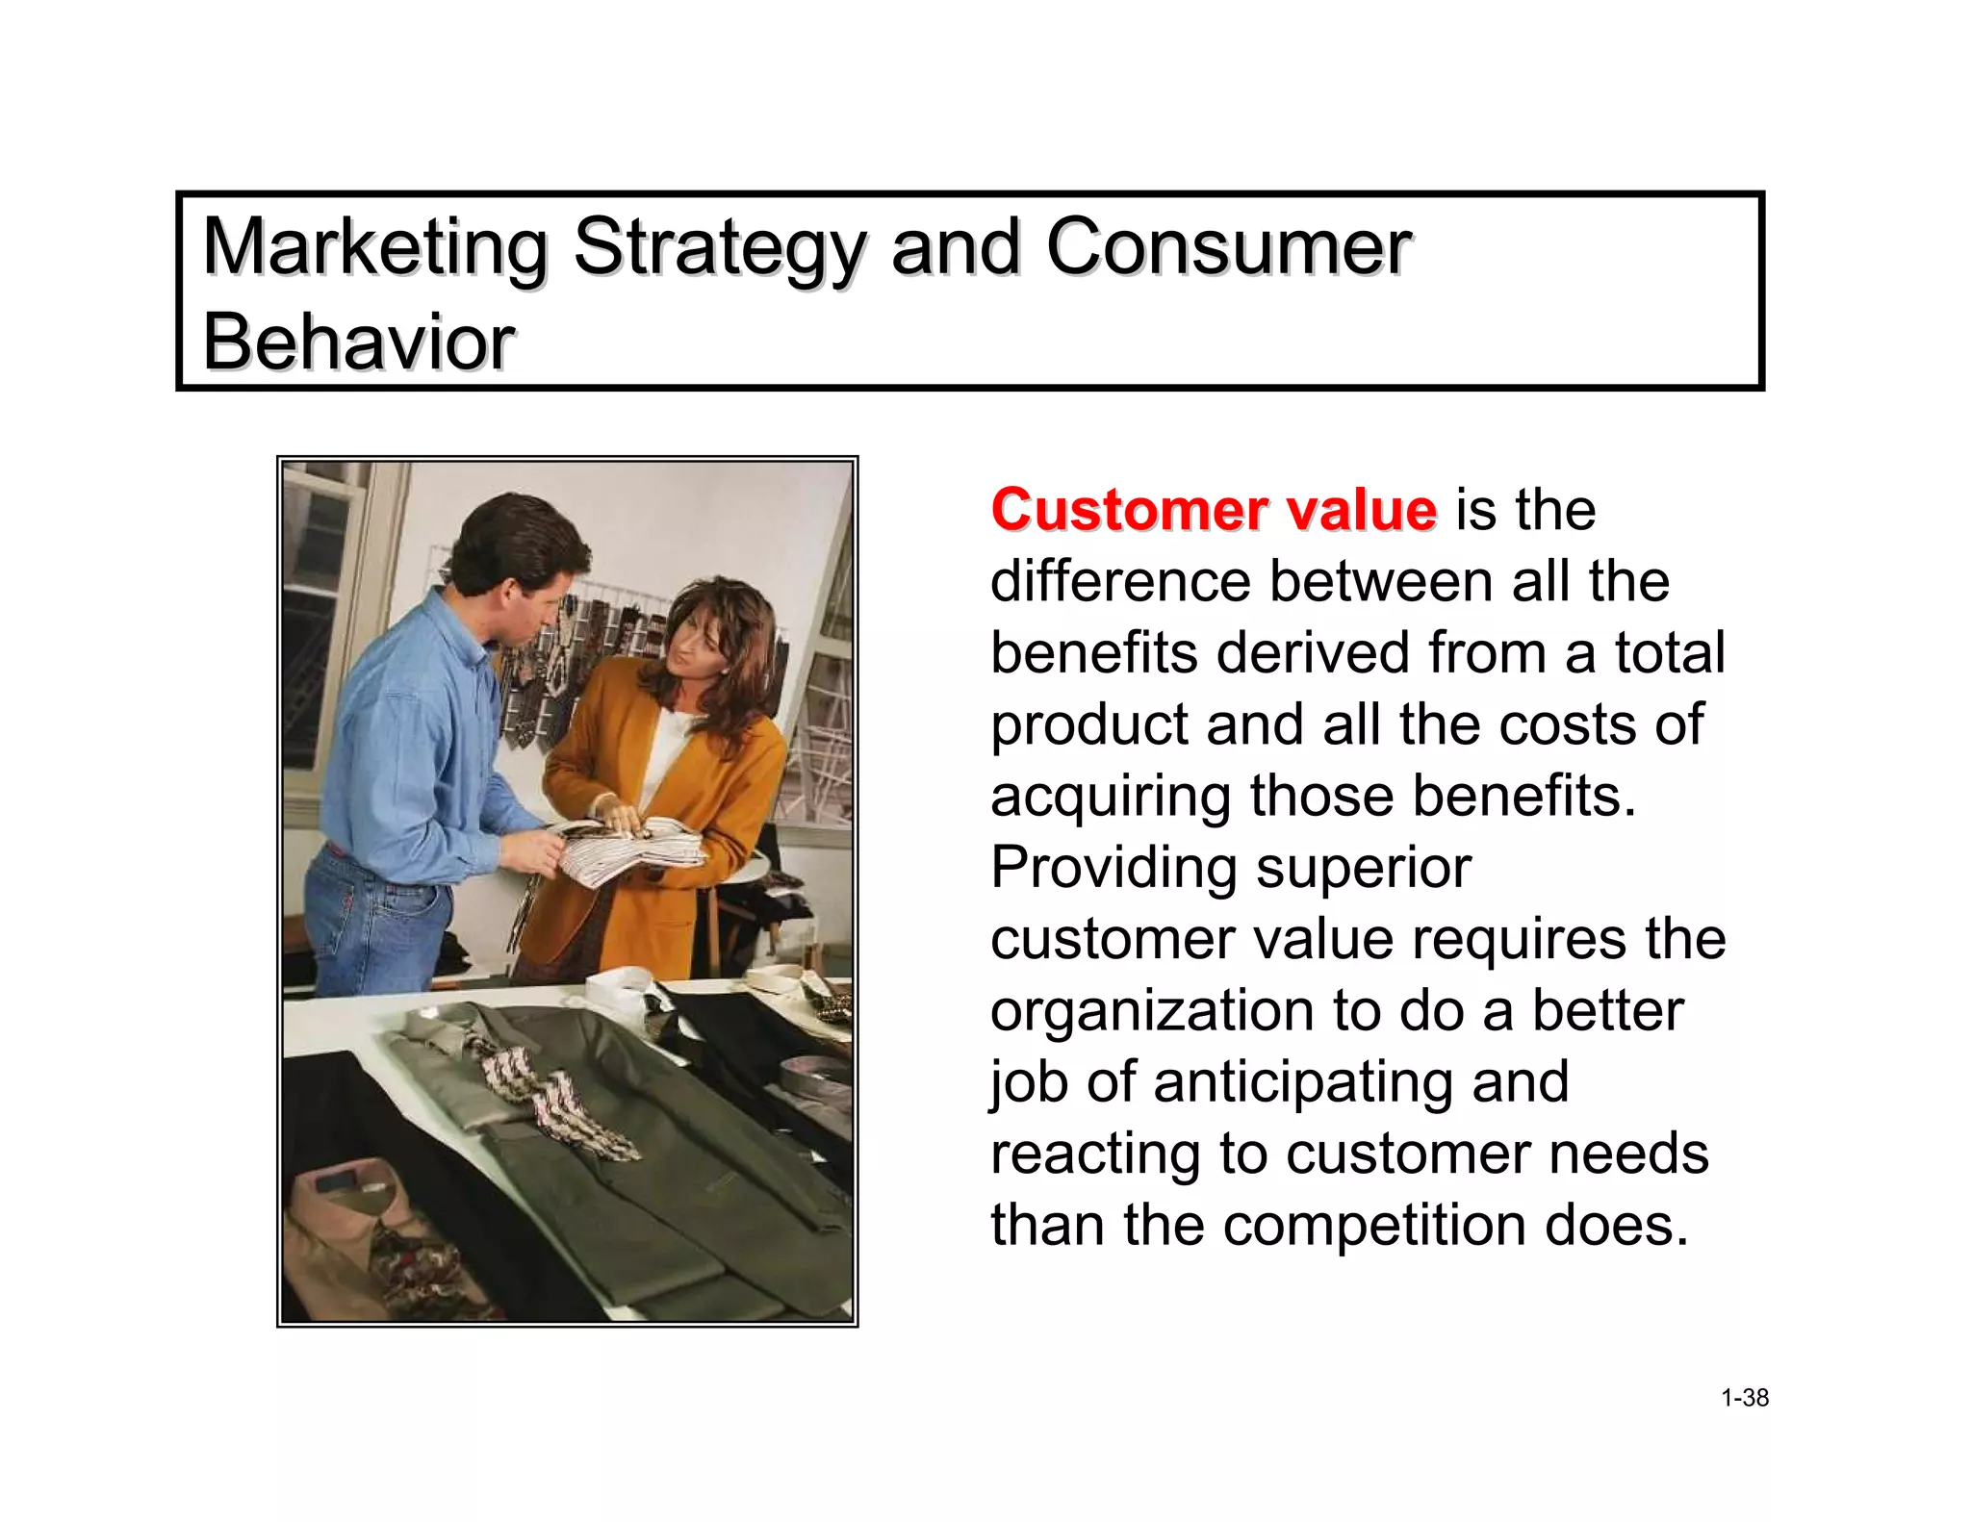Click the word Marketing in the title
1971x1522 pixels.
pos(374,248)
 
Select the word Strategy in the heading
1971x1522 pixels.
pos(718,248)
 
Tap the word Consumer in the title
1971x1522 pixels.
pos(1227,248)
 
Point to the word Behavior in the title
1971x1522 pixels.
pos(358,342)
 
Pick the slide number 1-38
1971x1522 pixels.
pos(1744,1398)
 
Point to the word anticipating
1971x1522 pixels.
pos(1361,1082)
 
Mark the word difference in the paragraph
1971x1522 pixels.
pos(1121,581)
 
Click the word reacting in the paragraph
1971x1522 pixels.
pos(1095,1154)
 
